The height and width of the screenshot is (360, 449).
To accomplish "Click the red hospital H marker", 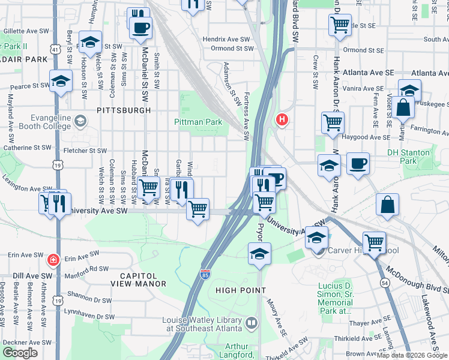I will (282, 120).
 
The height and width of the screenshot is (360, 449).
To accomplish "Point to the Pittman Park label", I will (197, 122).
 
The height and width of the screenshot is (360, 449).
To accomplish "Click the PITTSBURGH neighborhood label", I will (122, 110).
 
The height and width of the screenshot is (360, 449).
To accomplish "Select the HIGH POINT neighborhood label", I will (240, 290).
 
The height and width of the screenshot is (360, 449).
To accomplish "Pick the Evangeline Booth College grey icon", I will (80, 122).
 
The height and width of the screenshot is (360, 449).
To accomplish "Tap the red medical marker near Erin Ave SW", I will (53, 260).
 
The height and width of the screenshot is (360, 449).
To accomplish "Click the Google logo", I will (20, 353).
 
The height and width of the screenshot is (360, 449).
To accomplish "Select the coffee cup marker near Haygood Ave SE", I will (358, 163).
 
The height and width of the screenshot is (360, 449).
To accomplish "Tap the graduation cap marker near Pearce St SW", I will (61, 82).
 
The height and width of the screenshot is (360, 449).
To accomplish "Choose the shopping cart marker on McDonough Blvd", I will (374, 242).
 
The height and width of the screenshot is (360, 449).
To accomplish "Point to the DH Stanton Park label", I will (409, 157).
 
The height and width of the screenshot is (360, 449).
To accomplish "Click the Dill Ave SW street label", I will (26, 277).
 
